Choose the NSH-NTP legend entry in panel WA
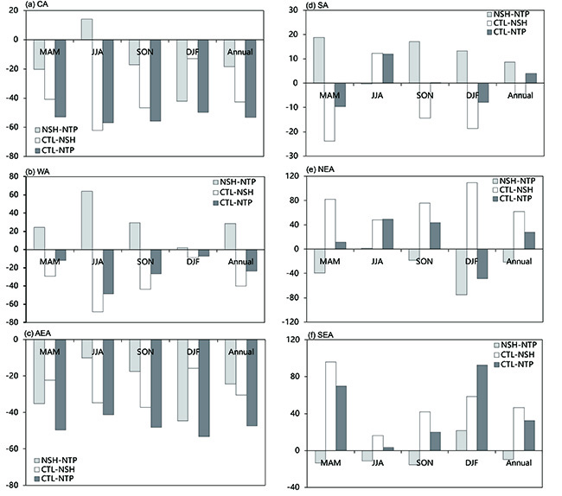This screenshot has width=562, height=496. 238,185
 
